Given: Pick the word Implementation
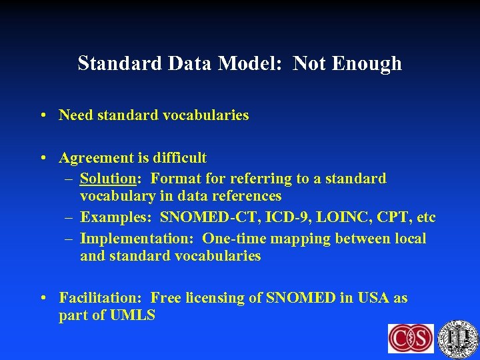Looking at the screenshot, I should coord(137,239).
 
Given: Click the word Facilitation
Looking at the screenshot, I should coord(101,298).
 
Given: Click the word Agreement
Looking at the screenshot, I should coord(97,158).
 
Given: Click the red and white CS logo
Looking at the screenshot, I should coord(411,339).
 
